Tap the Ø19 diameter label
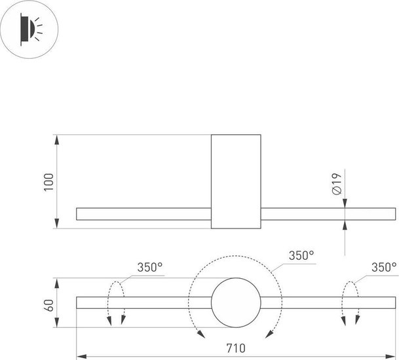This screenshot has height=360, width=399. click(x=335, y=183)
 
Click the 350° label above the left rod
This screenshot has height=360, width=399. click(x=149, y=267)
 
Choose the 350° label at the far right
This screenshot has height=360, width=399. click(x=383, y=267)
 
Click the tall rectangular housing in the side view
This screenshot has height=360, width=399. click(x=236, y=181)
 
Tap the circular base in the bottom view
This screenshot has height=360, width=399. click(x=236, y=302)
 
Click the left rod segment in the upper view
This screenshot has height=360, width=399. click(x=143, y=214)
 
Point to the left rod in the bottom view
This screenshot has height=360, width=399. click(x=143, y=302)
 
